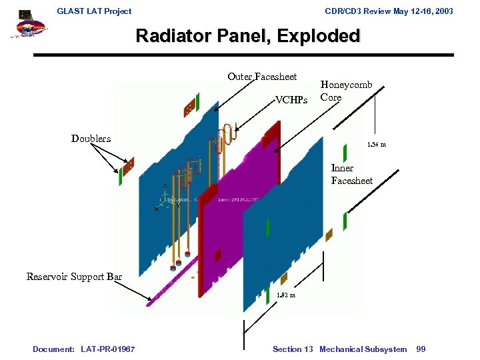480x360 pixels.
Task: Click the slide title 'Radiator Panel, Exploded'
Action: [248, 36]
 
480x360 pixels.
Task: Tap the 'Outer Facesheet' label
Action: [262, 77]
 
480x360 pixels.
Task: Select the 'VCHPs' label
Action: [292, 100]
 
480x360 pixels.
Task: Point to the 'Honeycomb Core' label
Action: [346, 91]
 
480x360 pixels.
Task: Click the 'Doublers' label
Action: [91, 139]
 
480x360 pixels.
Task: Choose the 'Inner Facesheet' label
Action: [351, 174]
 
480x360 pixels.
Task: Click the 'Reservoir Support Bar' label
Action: [74, 276]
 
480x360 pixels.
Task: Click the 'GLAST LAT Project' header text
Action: [94, 11]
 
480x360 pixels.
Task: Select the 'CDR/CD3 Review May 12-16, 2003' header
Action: [389, 11]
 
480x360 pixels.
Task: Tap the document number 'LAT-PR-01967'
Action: [109, 349]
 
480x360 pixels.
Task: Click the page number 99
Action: [421, 349]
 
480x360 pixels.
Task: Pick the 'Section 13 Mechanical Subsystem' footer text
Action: [339, 349]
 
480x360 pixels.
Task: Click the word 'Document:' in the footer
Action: [53, 349]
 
